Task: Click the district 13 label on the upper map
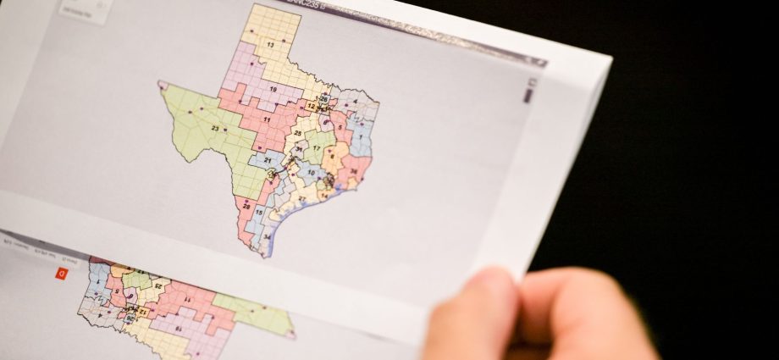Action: tap(270, 44)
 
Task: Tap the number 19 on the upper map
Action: tap(273, 89)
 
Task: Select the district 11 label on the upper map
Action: tap(267, 120)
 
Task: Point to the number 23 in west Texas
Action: tap(215, 129)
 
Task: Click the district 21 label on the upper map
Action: tap(268, 159)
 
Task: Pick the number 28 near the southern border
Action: tap(246, 206)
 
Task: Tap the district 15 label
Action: tap(258, 213)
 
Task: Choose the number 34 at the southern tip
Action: tap(266, 238)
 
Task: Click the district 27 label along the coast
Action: tap(301, 198)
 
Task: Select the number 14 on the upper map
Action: tap(323, 195)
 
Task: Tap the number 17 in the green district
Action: tap(316, 148)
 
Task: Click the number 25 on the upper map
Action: tap(297, 133)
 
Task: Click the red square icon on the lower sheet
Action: tap(61, 273)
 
